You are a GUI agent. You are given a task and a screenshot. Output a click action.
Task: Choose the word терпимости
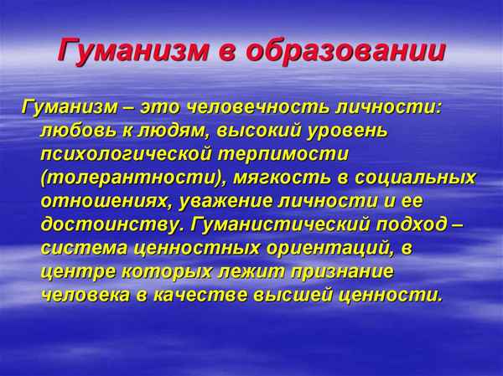287,156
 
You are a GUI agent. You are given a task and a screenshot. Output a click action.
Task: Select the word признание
345,272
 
